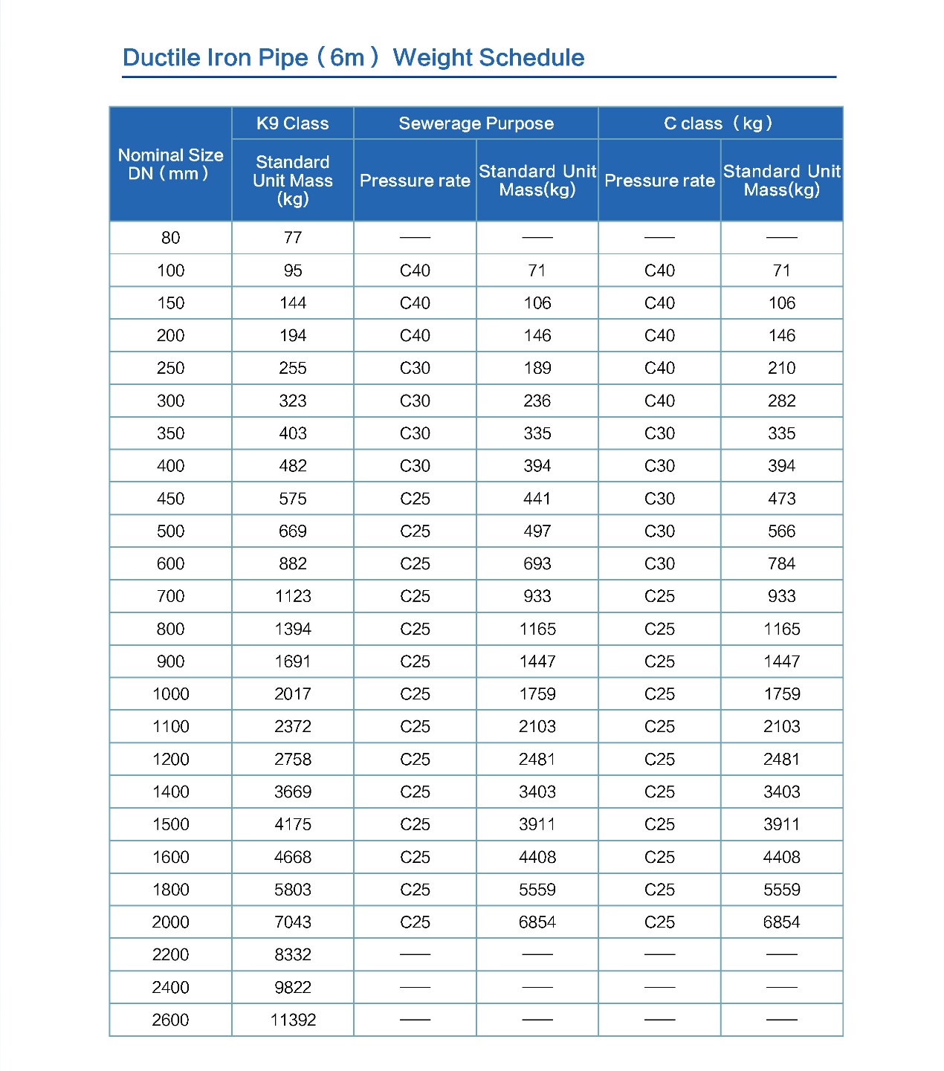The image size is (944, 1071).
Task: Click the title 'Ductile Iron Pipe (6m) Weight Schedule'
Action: tap(353, 57)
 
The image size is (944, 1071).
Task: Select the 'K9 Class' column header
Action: tap(292, 123)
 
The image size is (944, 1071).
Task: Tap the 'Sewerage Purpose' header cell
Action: tap(476, 123)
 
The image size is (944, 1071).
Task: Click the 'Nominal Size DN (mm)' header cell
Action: tap(170, 164)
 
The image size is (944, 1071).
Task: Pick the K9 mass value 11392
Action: tap(293, 1020)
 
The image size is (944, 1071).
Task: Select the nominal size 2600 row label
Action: tap(170, 1020)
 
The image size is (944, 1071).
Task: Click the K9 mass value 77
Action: tap(293, 238)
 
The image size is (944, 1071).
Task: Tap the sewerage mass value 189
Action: tap(537, 368)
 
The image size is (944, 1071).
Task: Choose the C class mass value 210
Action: tap(781, 368)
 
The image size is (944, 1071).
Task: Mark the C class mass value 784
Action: tap(781, 563)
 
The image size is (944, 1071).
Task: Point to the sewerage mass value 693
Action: tap(537, 563)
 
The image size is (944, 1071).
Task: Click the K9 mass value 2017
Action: tap(293, 694)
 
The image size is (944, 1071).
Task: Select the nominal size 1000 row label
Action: tap(170, 694)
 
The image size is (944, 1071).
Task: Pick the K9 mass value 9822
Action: tap(293, 987)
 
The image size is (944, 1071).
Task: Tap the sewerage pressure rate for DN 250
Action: tap(415, 368)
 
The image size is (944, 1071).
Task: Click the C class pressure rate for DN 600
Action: tap(659, 563)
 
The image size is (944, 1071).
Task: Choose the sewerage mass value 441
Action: tap(537, 499)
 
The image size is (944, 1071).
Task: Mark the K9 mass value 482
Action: tap(293, 466)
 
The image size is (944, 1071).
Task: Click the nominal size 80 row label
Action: tap(170, 238)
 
